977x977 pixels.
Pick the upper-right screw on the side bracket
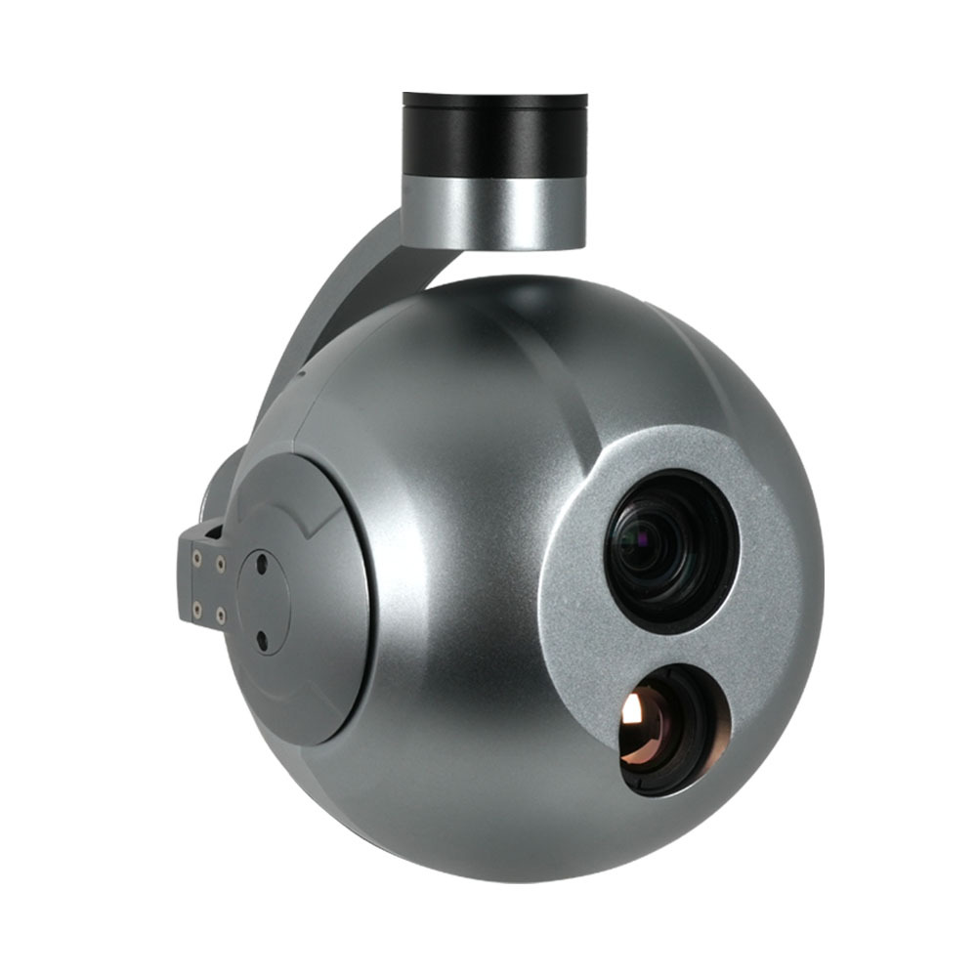pyautogui.click(x=220, y=564)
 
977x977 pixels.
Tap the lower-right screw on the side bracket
pyautogui.click(x=220, y=616)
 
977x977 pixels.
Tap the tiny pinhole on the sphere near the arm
pyautogui.click(x=302, y=373)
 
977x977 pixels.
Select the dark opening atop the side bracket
pyautogui.click(x=211, y=533)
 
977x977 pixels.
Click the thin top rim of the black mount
pyautogui.click(x=494, y=98)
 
